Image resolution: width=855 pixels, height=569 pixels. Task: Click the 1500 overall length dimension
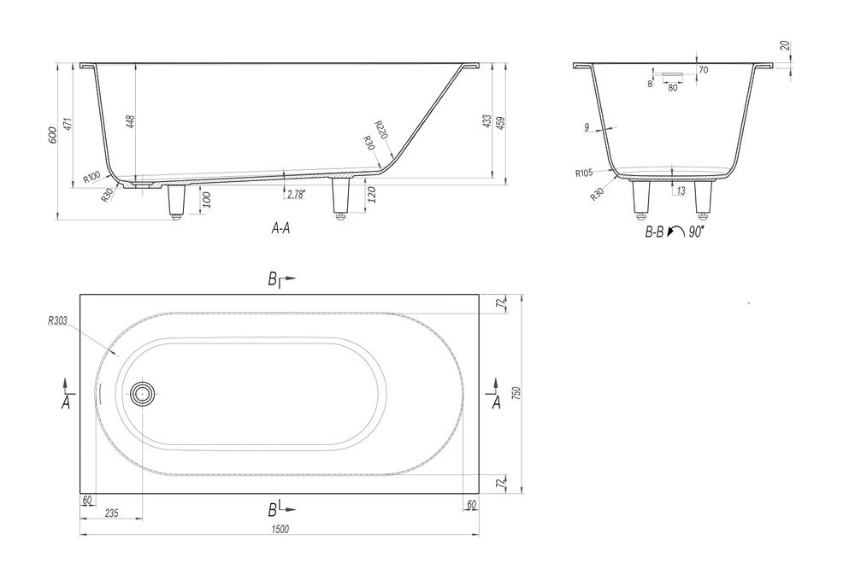pos(280,529)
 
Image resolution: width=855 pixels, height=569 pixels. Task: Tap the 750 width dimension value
pos(517,393)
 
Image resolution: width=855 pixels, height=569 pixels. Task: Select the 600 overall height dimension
pos(53,135)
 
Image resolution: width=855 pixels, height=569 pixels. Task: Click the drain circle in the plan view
pos(142,393)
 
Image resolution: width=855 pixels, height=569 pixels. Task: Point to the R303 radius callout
pos(58,321)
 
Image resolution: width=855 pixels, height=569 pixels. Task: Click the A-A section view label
pos(280,228)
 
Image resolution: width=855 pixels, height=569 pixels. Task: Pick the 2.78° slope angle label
pos(296,194)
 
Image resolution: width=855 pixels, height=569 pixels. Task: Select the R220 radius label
pos(381,130)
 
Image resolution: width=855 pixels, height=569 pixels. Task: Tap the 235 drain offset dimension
pos(111,513)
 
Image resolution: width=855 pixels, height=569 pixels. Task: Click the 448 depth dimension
pos(130,121)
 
